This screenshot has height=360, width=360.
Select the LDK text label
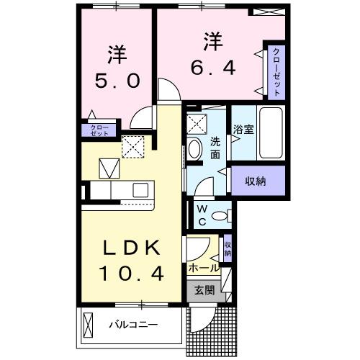[x=130, y=248]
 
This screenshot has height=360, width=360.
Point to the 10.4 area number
[x=130, y=274]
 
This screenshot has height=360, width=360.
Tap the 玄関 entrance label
[x=204, y=291]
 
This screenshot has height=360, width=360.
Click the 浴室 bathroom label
[x=243, y=130]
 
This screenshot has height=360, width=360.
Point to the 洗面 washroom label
[x=215, y=148]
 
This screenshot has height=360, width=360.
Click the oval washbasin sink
[x=195, y=149]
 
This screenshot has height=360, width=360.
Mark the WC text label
[x=202, y=215]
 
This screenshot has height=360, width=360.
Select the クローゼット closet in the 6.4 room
[x=276, y=72]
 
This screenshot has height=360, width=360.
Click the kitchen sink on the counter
[x=140, y=190]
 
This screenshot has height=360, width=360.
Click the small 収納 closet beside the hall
[x=228, y=248]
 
